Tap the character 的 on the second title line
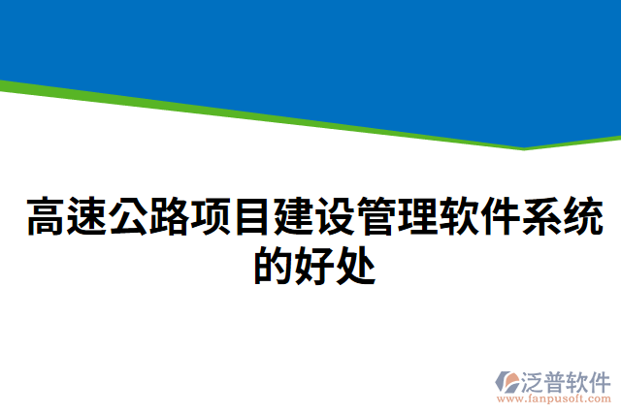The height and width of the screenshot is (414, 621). click(273, 264)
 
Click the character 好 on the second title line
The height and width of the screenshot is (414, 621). click(313, 264)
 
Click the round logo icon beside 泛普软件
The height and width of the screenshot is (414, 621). click(509, 381)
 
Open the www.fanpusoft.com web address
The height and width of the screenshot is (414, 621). click(553, 398)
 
